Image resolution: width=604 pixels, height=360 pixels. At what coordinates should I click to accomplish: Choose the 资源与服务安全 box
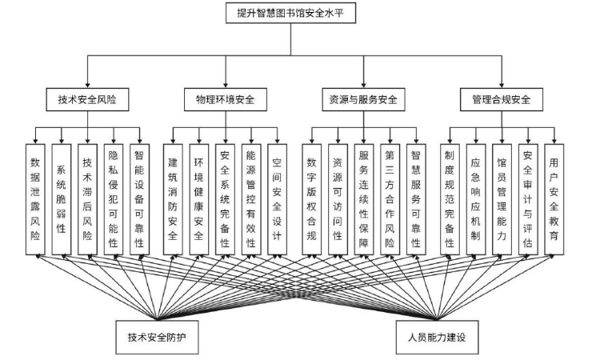point(362,100)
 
